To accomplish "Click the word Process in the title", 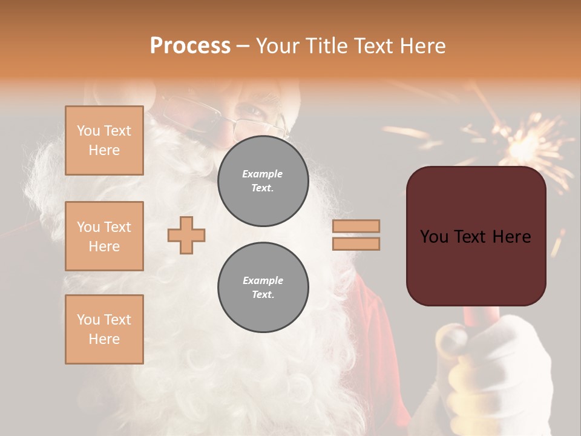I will pos(190,46).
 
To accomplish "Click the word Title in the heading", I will pos(328,46).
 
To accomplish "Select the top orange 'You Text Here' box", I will pos(104,140).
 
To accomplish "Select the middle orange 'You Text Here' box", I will pos(104,236).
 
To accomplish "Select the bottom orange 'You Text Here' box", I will pos(104,329).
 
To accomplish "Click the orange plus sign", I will pos(186,235).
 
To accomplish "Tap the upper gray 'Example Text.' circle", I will pos(263,181).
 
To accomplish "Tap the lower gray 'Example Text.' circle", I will pos(263,288).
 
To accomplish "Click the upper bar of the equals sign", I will pos(356,226).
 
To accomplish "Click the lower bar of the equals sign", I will pos(356,243).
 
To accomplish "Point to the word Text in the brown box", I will pos(475,237).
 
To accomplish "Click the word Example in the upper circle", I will pos(262,174).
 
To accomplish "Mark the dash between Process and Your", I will pos(243,47).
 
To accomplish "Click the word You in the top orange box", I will pos(88,131).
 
